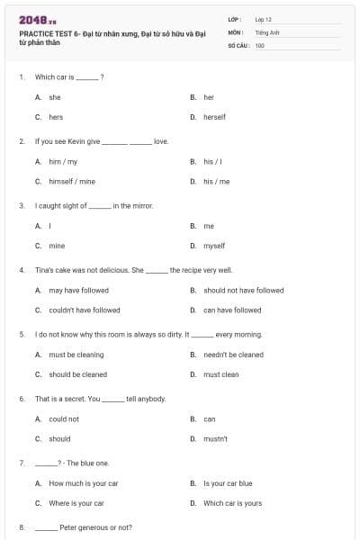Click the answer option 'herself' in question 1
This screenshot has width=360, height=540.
(x=214, y=117)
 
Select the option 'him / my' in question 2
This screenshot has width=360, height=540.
(x=63, y=161)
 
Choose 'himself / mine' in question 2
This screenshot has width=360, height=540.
(x=71, y=181)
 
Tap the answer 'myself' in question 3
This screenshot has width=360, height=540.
(x=214, y=245)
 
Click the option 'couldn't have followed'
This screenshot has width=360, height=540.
(x=84, y=310)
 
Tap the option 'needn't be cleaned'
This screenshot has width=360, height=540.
(x=233, y=355)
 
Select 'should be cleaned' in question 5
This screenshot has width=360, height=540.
(x=77, y=374)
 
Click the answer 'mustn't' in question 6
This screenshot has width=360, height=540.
(x=215, y=438)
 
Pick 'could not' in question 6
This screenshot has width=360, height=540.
(x=64, y=418)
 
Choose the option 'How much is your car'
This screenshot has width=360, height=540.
(x=83, y=483)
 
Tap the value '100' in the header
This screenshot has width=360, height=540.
(x=260, y=44)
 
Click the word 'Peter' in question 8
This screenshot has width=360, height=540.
(x=68, y=527)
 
